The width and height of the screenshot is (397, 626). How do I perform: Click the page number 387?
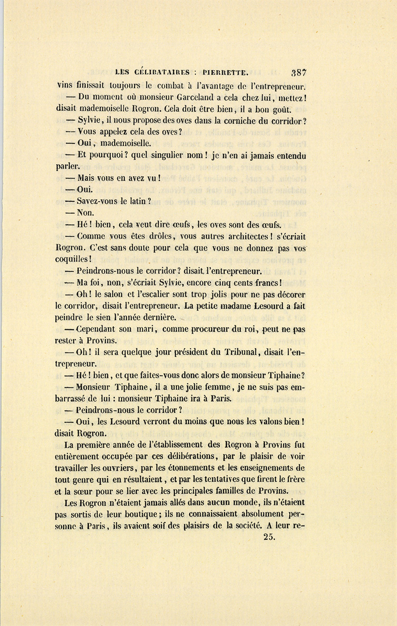(298, 72)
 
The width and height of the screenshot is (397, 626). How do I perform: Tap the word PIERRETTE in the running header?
(226, 72)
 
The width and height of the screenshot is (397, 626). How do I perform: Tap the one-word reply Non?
(85, 213)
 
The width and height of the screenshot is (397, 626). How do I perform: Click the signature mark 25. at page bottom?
(269, 537)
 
